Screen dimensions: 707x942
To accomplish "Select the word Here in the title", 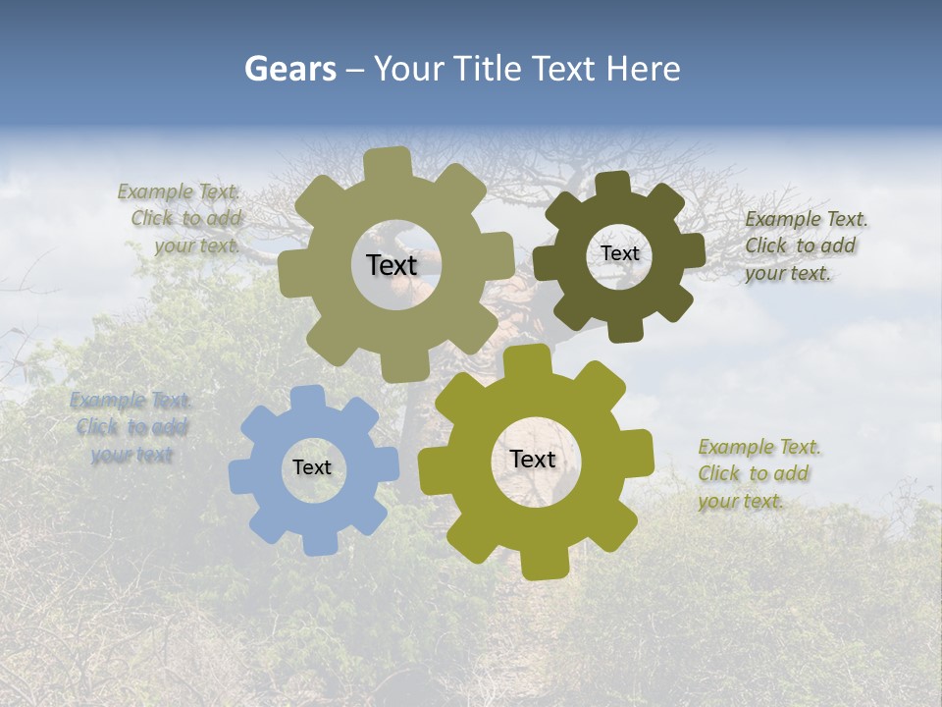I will coord(643,69).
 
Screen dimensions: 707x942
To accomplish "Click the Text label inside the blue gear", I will coord(312,468).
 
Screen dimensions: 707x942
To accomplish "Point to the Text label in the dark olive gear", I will coord(620,253).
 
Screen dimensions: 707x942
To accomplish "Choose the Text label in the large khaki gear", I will coord(392,265).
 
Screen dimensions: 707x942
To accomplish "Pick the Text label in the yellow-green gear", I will coord(533,460).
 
